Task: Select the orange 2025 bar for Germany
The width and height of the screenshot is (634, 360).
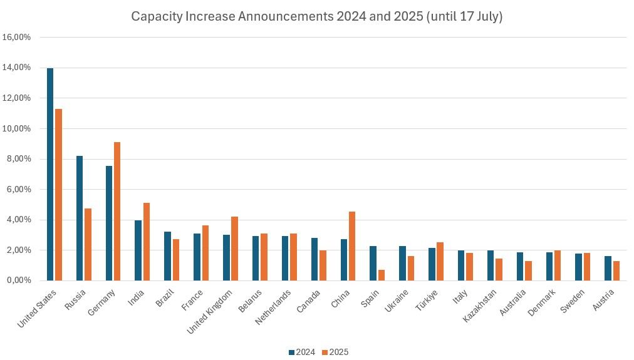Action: pos(117,211)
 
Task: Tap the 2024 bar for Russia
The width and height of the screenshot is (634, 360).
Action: pos(80,218)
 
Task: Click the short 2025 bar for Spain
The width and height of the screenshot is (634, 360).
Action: pos(382,275)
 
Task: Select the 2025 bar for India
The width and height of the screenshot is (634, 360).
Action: pos(147,242)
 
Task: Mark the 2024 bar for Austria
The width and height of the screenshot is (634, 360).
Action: pos(608,268)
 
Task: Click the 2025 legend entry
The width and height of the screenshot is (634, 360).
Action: pos(335,352)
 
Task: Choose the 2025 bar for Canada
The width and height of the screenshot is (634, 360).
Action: pos(323,265)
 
